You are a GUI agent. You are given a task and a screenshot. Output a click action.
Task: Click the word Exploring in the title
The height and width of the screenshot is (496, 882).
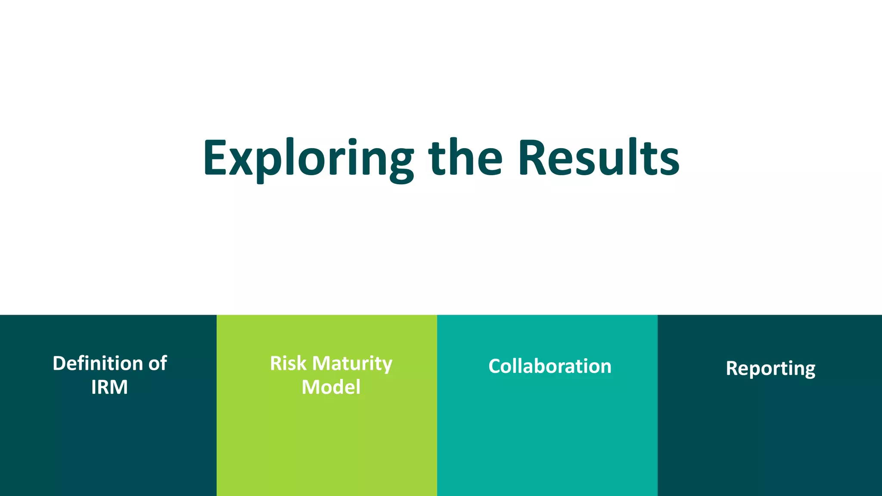click(x=308, y=158)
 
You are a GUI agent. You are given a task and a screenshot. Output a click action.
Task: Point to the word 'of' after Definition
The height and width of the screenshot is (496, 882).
click(x=158, y=363)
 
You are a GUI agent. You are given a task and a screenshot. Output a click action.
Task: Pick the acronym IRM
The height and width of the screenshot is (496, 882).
click(x=109, y=387)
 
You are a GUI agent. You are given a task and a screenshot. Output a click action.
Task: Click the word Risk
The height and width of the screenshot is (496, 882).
click(x=288, y=363)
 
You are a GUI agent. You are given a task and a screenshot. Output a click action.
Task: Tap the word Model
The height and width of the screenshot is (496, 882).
click(x=331, y=387)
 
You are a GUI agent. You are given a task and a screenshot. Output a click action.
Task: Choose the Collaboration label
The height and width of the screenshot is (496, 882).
click(x=550, y=366)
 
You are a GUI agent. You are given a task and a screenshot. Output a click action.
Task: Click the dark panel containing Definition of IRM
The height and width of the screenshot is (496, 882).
click(x=108, y=443)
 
